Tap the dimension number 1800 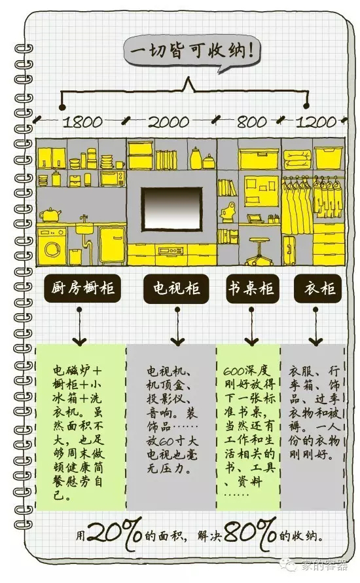82,122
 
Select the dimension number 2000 169,122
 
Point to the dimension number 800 251,122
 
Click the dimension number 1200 316,122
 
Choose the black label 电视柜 176,288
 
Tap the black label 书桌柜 252,288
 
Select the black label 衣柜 318,288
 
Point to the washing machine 52,246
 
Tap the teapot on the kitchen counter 50,215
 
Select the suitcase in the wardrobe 289,250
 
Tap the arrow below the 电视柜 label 177,326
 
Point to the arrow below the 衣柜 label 315,326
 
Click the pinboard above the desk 261,191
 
